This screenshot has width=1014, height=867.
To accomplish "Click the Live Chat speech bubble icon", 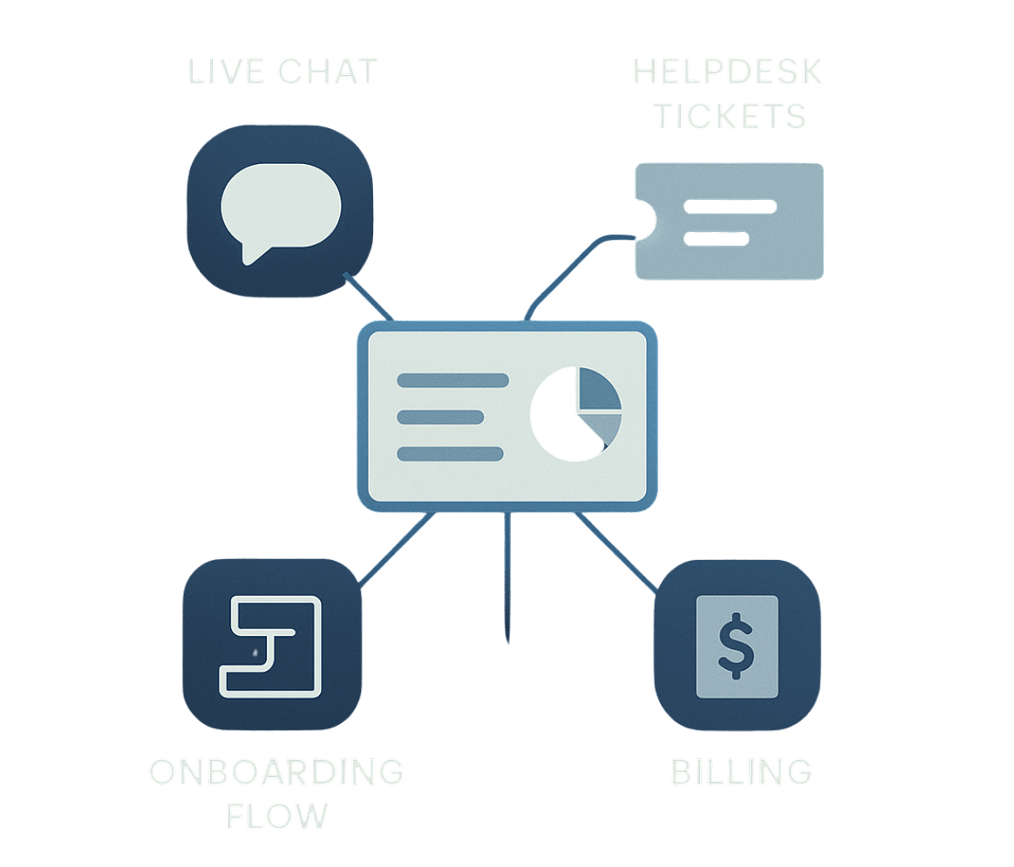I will (280, 212).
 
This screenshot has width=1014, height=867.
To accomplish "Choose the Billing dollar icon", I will (738, 645).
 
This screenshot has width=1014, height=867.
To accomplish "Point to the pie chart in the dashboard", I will (576, 413).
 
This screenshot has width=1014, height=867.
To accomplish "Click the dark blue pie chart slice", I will (596, 391).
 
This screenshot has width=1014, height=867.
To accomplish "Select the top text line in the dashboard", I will (453, 380).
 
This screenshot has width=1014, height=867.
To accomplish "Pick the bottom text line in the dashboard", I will (450, 454).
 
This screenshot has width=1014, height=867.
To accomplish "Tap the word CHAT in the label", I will (327, 72).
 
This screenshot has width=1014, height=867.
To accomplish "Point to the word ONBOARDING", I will (276, 773).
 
